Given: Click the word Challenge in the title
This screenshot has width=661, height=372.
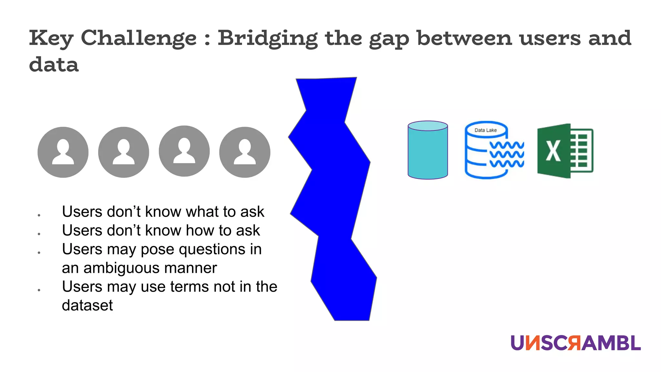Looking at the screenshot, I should [138, 38].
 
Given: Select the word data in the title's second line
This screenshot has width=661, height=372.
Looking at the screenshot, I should [54, 64].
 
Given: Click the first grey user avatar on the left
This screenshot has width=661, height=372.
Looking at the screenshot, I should [63, 152].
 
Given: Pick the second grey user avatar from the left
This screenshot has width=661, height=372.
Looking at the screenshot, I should [124, 152].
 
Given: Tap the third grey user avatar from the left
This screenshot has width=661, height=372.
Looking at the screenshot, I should [184, 151].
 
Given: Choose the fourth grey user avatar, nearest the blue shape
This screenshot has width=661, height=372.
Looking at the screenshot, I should [245, 152].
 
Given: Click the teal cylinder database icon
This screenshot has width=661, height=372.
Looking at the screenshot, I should [428, 150].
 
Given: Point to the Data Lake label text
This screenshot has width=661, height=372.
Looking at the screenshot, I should [485, 130].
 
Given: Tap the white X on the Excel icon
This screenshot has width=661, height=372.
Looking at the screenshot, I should [553, 151].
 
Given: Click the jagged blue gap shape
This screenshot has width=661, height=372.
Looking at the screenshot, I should [332, 194].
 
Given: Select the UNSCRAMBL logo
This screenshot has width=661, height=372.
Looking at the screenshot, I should [575, 343].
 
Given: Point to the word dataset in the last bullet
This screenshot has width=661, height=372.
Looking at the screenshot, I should [87, 305].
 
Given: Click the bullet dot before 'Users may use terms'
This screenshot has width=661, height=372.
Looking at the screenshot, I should [39, 290].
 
